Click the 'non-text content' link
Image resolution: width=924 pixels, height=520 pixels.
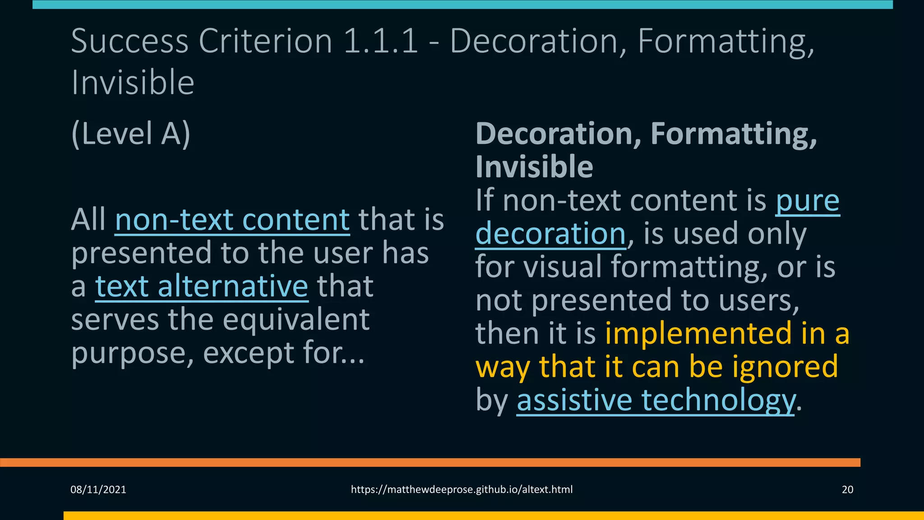232,220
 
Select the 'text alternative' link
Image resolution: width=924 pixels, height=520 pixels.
202,287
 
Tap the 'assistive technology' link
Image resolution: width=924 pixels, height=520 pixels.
655,400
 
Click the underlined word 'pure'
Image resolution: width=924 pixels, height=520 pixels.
808,201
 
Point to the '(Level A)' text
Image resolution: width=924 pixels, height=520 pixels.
131,134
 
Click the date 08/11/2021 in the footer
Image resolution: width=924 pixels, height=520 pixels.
98,490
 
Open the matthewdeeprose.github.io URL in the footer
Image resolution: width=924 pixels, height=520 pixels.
462,490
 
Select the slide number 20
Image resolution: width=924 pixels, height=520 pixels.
847,490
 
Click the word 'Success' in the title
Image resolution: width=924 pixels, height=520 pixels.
129,42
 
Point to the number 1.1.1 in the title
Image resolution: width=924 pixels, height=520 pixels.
381,42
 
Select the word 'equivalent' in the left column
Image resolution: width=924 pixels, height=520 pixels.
296,320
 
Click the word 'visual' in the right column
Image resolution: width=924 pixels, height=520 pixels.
563,267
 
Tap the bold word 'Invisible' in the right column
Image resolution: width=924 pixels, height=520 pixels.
534,167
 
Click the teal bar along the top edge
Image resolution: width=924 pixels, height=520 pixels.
462,5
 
